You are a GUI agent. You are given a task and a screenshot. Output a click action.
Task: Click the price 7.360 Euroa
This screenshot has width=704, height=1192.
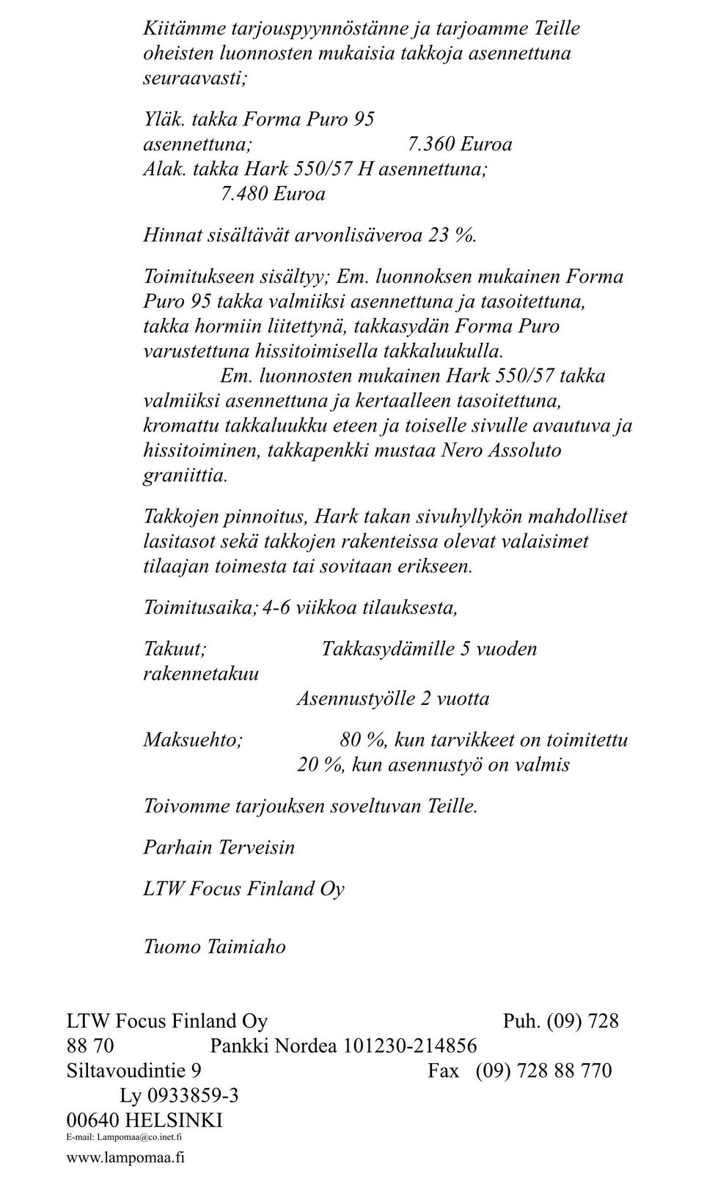[x=460, y=144]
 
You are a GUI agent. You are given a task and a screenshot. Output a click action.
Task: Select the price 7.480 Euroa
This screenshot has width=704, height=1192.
[x=273, y=194]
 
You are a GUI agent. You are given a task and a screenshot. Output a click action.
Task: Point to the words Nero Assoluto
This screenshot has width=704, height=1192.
[x=501, y=450]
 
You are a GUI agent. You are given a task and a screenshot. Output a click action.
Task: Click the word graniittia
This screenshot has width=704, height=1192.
[x=186, y=475]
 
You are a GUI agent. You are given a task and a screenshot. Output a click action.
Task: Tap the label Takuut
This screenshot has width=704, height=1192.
[x=175, y=648]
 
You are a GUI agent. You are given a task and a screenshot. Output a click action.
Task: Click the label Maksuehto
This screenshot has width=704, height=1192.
[x=192, y=740]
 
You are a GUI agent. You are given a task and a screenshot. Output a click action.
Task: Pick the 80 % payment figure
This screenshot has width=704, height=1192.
[x=364, y=740]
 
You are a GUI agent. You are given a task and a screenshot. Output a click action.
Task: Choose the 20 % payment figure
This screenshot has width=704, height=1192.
[x=320, y=765]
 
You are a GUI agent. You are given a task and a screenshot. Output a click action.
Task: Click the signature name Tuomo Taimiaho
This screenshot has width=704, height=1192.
[x=214, y=947]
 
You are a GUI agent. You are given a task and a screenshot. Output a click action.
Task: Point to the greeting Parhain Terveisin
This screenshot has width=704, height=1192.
[x=219, y=848]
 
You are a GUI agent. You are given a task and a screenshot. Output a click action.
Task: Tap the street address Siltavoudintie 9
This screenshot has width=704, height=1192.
[x=133, y=1070]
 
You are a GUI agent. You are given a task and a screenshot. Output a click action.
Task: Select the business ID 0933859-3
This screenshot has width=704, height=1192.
[x=193, y=1095]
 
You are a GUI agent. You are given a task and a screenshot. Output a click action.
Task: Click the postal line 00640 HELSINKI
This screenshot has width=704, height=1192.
[x=144, y=1120]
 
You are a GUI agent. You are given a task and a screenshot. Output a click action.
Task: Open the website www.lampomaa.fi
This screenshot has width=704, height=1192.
[x=125, y=1158]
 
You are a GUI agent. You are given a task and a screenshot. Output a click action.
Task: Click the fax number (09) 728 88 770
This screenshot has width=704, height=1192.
[x=543, y=1070]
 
